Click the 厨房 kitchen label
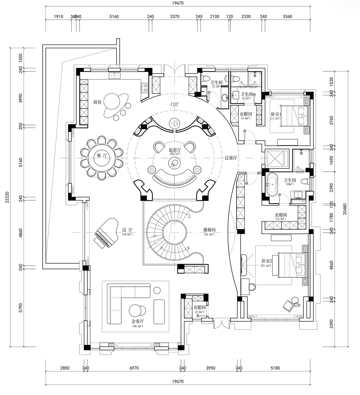[99, 102]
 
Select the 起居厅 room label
[175, 150]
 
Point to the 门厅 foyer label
[175, 104]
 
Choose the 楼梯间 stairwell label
[210, 230]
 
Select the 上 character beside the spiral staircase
[189, 216]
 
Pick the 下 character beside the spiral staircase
[188, 248]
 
